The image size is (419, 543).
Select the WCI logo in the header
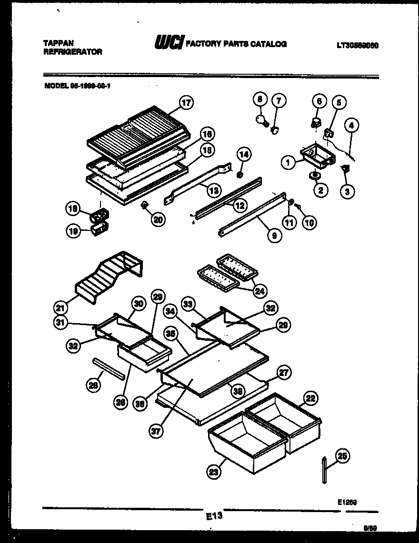pyautogui.click(x=169, y=44)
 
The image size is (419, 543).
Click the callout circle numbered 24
pyautogui.click(x=259, y=290)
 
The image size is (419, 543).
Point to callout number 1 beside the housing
pyautogui.click(x=288, y=163)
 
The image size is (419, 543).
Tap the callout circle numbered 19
pyautogui.click(x=73, y=231)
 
